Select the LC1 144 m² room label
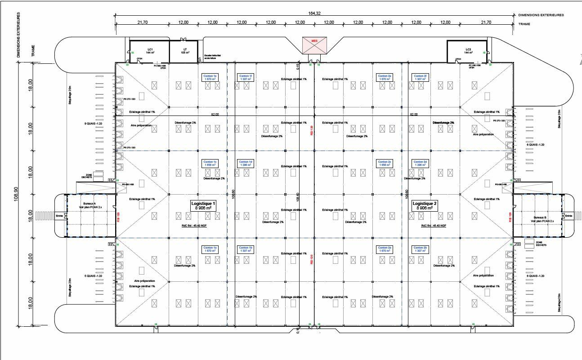(x=150, y=51)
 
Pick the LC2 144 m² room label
(x=468, y=51)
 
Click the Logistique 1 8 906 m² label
(x=204, y=206)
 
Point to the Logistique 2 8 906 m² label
(x=425, y=206)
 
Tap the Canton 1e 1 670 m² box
(x=210, y=77)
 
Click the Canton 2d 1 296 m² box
(x=419, y=164)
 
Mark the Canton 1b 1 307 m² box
(x=246, y=249)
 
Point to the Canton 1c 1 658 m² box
(x=210, y=164)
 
